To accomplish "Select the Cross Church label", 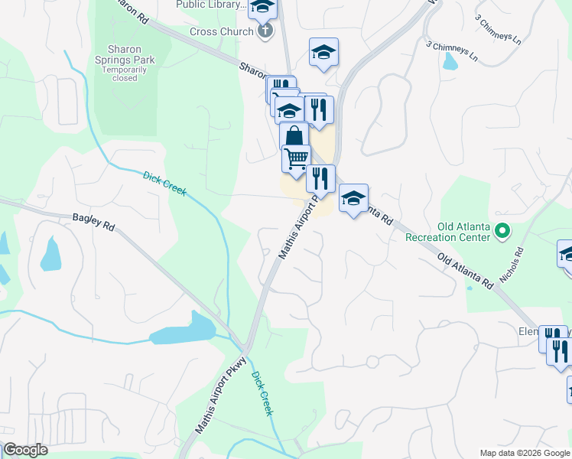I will coord(221,31).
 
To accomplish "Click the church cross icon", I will coord(265,31).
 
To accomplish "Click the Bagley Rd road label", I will coord(93,223).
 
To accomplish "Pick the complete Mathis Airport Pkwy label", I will coord(220,396).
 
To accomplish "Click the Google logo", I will coord(25,450).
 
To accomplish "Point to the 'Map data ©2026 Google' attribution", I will coord(525,453).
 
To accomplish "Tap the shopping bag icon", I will coord(294,137).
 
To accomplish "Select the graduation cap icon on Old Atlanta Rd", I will coord(353,199).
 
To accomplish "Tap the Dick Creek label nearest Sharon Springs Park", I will coord(164,184).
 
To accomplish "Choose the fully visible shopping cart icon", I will coord(296,158).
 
